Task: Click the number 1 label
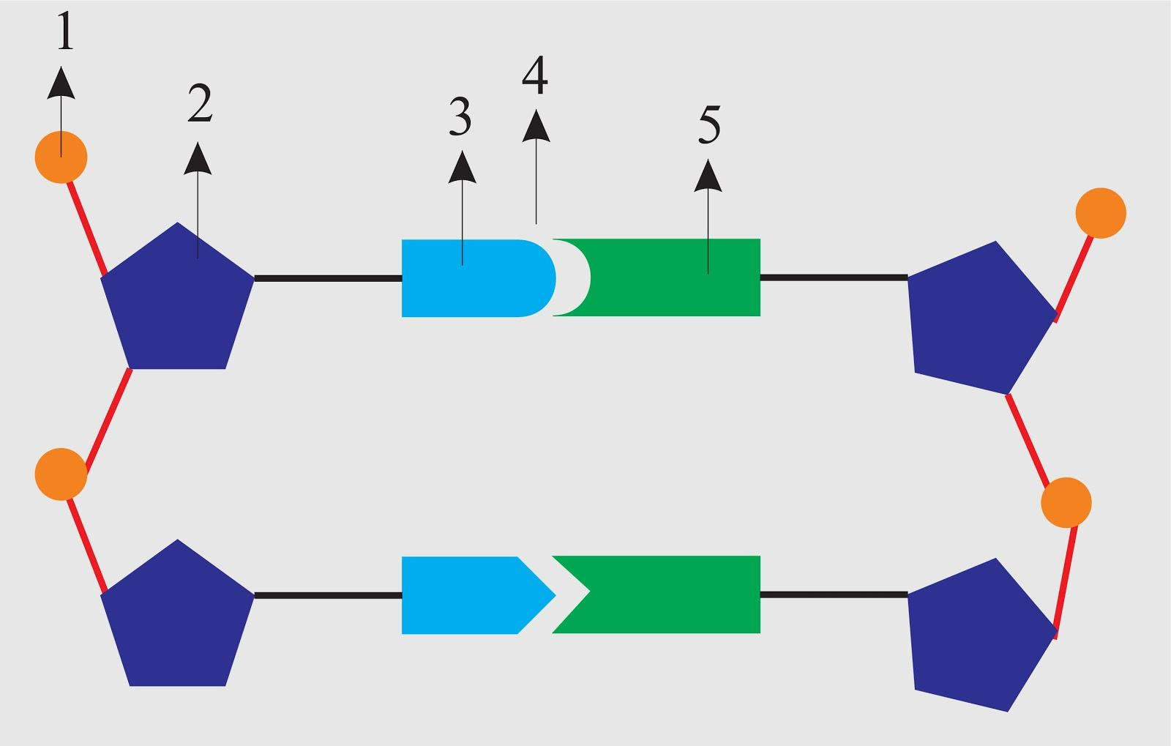pyautogui.click(x=65, y=33)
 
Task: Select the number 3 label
pyautogui.click(x=460, y=117)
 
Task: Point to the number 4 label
pyautogui.click(x=535, y=76)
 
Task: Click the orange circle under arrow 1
pyautogui.click(x=61, y=157)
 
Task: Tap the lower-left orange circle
pyautogui.click(x=61, y=474)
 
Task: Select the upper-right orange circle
pyautogui.click(x=1100, y=213)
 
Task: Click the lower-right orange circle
pyautogui.click(x=1066, y=502)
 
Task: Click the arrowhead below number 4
pyautogui.click(x=536, y=126)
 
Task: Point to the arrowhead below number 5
pyautogui.click(x=708, y=176)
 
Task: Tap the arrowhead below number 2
pyautogui.click(x=198, y=159)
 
